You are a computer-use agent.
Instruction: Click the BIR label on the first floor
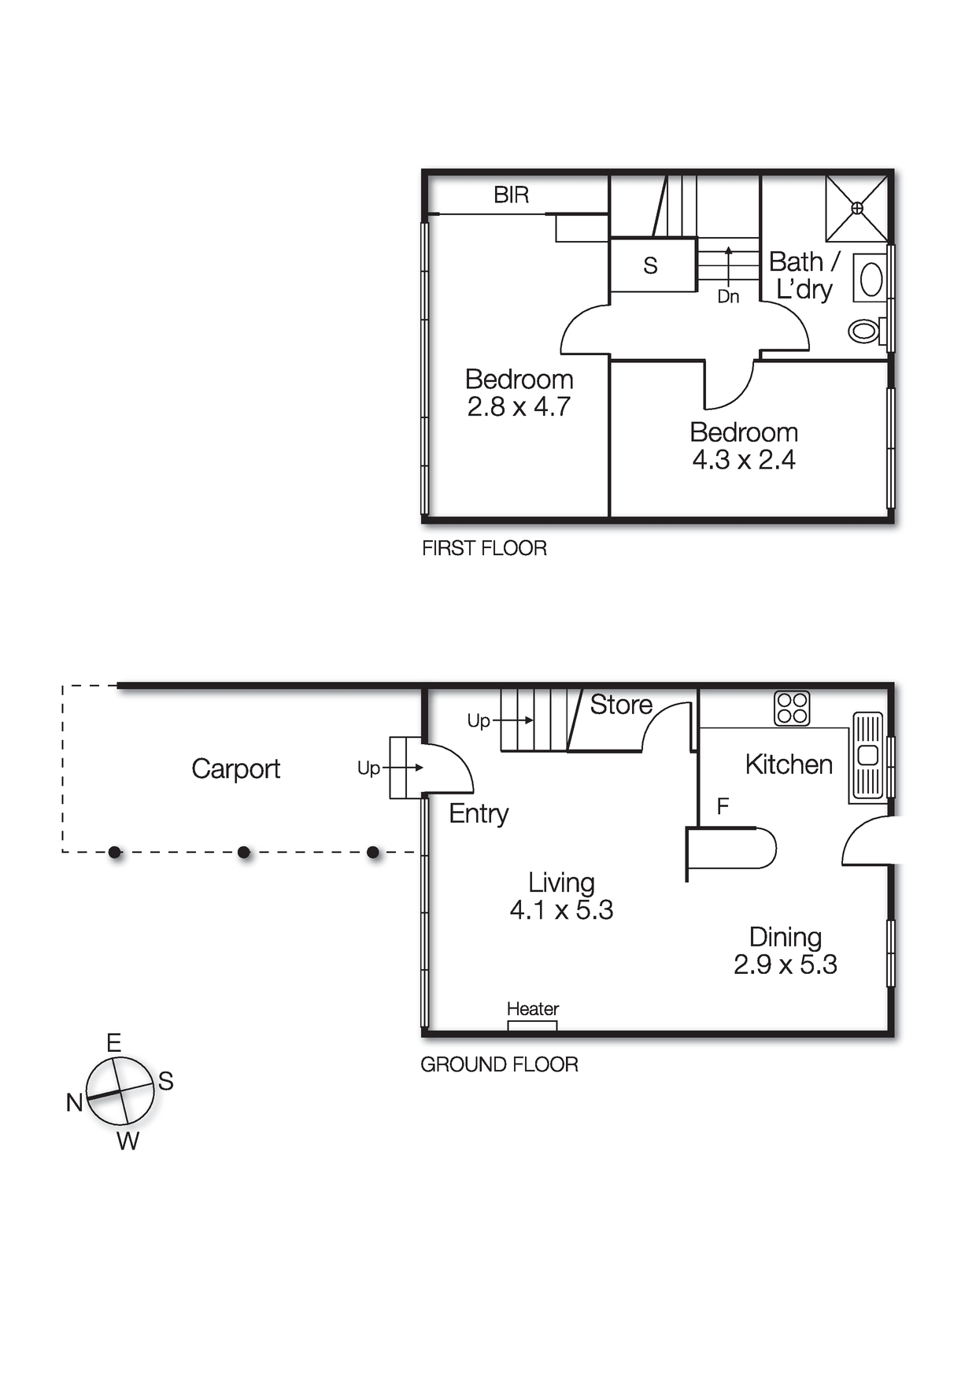click(511, 194)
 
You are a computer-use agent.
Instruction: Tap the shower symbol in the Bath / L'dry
click(856, 209)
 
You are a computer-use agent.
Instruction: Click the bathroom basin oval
click(871, 279)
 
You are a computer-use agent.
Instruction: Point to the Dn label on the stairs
click(728, 297)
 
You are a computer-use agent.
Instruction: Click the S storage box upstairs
click(650, 265)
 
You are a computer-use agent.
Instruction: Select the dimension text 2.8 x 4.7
click(519, 407)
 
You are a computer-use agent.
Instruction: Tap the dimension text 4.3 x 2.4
click(744, 460)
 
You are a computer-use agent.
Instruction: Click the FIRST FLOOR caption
click(484, 548)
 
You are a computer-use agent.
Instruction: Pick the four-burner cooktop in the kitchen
click(792, 708)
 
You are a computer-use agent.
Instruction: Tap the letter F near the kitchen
click(723, 806)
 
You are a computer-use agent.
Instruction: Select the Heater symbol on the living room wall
click(532, 1025)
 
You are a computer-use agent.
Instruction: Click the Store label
click(621, 705)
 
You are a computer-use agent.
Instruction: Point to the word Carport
click(235, 768)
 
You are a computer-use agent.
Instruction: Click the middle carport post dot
click(244, 852)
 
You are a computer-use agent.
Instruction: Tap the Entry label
click(479, 813)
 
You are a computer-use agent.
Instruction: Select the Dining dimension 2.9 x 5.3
click(785, 964)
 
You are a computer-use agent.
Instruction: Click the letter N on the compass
click(74, 1102)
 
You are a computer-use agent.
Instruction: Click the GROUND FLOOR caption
click(499, 1064)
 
